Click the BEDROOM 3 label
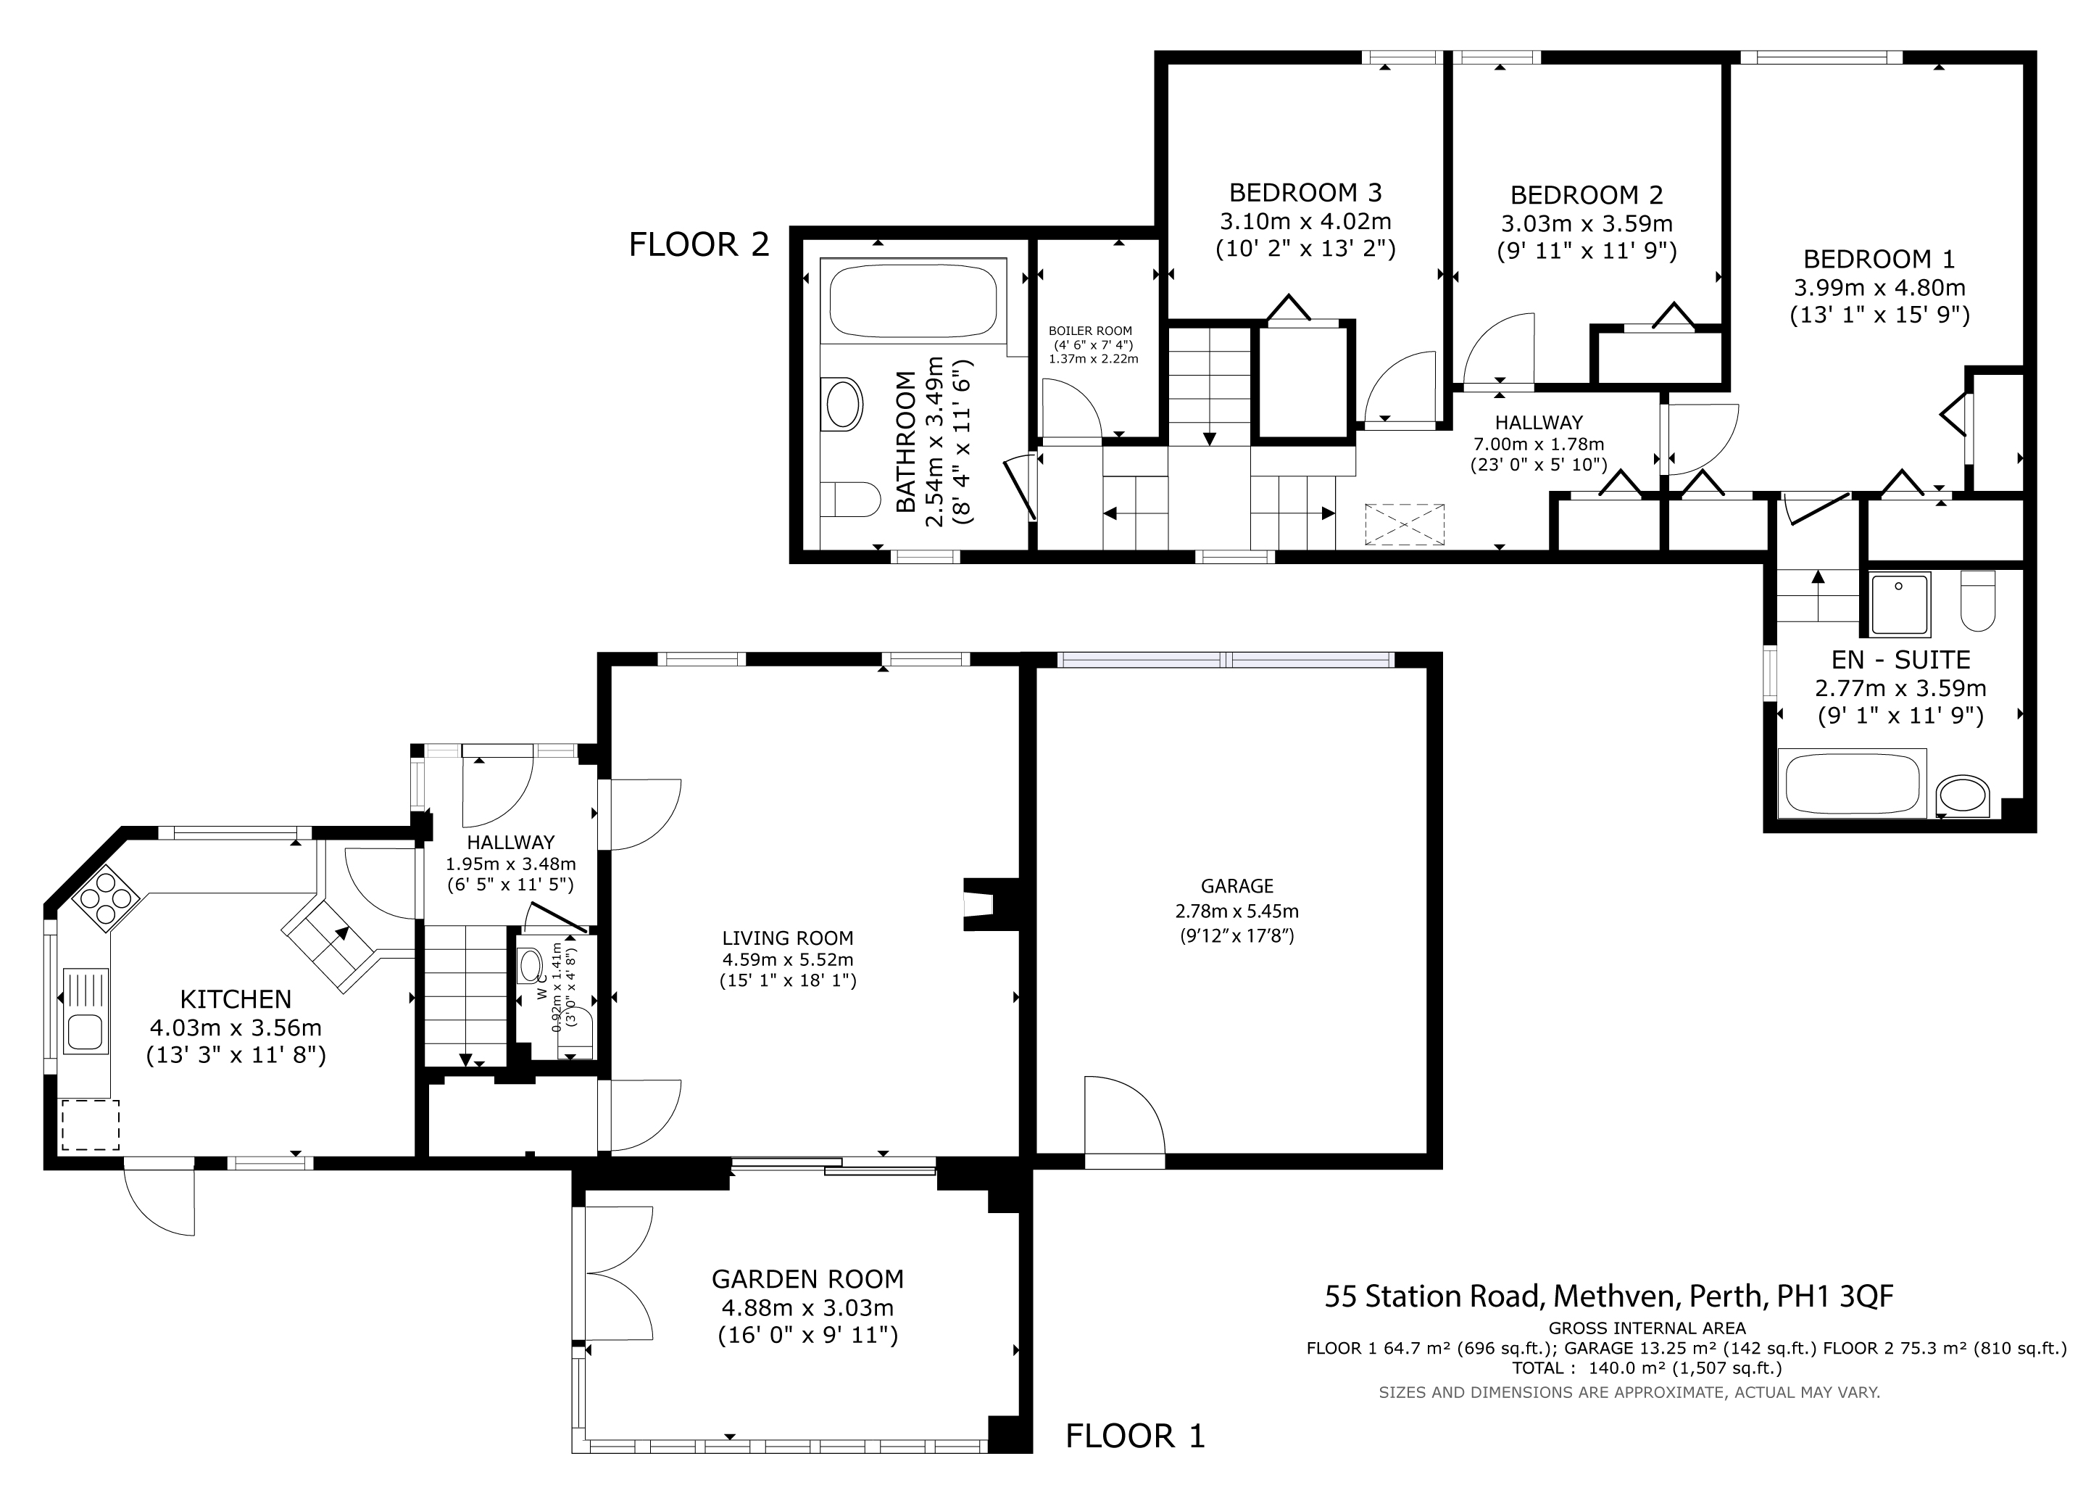coord(1305,193)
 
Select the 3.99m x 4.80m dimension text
coord(1879,287)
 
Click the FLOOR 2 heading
coord(699,245)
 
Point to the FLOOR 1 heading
coord(1136,1436)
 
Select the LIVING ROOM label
coord(787,938)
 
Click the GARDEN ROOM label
coord(807,1279)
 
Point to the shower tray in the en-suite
coord(1900,605)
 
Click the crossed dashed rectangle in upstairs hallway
coord(1404,524)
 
